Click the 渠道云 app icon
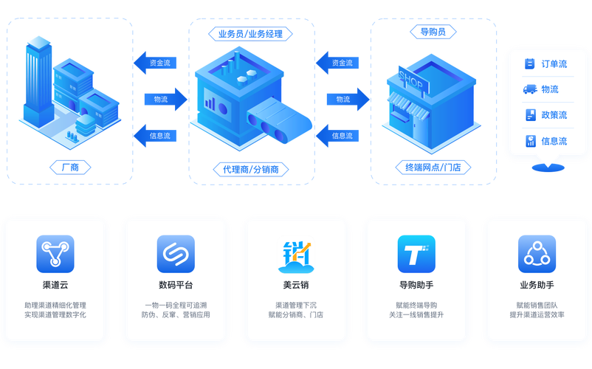tap(55, 254)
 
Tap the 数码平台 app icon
tap(176, 254)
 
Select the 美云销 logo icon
tap(295, 254)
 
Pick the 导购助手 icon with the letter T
tap(416, 254)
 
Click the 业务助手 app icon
tap(537, 254)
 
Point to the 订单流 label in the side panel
tap(554, 64)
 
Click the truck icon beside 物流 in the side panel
tap(529, 90)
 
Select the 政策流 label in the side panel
tap(554, 115)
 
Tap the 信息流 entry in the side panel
tap(554, 141)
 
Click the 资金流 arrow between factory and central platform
tap(156, 63)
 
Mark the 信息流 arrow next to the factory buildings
tap(156, 136)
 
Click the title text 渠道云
tap(55, 286)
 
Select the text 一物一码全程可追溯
tap(176, 304)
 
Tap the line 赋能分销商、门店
tap(295, 314)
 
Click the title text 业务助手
tap(537, 286)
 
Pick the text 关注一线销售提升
tap(416, 314)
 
